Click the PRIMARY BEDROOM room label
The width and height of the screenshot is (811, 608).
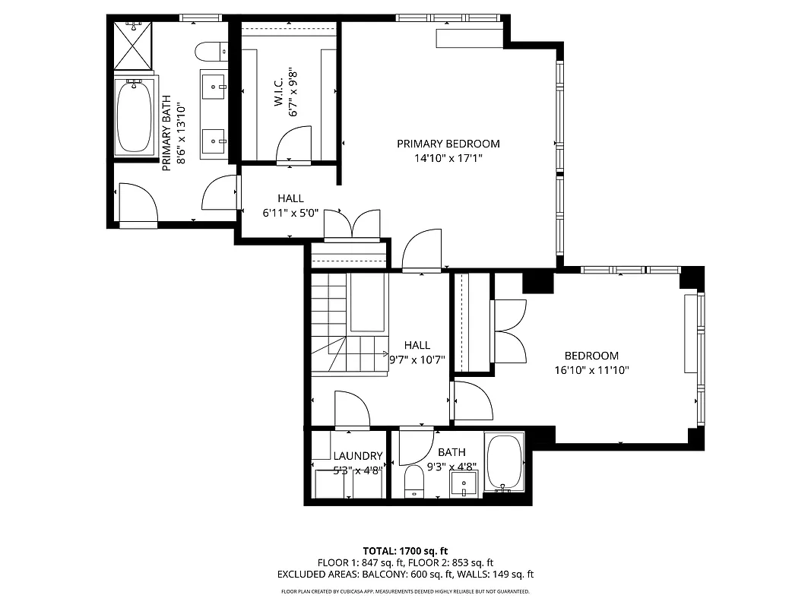[x=448, y=144]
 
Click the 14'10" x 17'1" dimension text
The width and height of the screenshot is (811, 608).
[x=448, y=159]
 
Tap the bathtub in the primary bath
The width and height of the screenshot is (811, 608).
[x=135, y=117]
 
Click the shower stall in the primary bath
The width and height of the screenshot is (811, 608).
[x=134, y=46]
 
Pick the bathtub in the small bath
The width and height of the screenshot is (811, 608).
[x=504, y=461]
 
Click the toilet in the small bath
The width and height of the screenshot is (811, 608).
[x=414, y=481]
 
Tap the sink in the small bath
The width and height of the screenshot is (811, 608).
[x=463, y=483]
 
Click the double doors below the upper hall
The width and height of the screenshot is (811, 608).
[x=352, y=225]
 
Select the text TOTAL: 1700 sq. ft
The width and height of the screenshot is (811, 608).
[x=405, y=550]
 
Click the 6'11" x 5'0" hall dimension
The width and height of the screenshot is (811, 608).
[x=290, y=214]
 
